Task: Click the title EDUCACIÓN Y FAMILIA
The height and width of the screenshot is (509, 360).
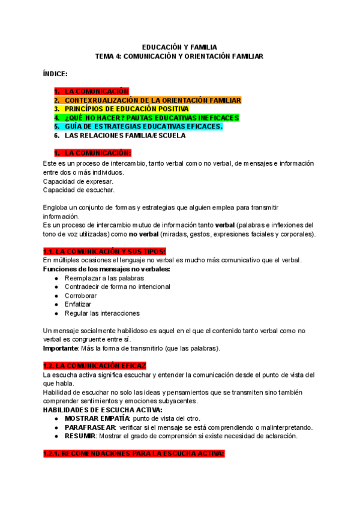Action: point(179,46)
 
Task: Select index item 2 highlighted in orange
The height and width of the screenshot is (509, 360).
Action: point(152,100)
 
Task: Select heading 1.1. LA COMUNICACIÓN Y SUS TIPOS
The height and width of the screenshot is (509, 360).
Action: point(104,251)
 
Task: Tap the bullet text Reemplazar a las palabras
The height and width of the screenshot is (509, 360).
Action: point(104,279)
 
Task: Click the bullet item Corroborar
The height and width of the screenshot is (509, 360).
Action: point(80,296)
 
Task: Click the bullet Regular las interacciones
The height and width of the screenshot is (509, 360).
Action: point(102,313)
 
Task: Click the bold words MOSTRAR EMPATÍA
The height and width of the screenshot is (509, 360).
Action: point(97,418)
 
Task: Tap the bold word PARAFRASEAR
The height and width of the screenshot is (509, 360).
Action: point(89,427)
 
